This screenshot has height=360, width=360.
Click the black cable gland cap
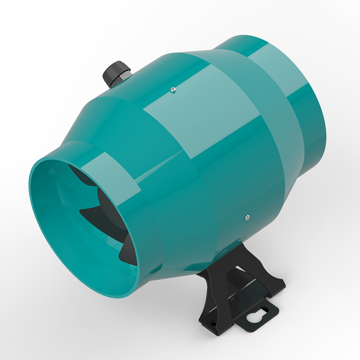116,71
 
